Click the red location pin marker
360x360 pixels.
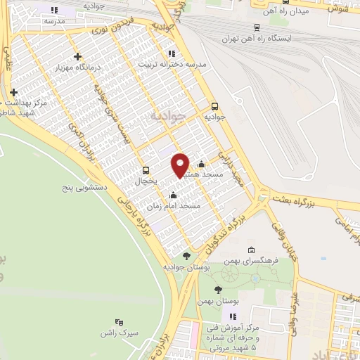pyautogui.click(x=181, y=165)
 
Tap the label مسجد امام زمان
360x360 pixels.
pyautogui.click(x=174, y=206)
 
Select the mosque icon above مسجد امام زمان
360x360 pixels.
pyautogui.click(x=174, y=194)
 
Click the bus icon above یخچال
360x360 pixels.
pyautogui.click(x=146, y=169)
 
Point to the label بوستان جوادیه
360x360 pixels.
pyautogui.click(x=184, y=268)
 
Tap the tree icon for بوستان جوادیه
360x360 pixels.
pyautogui.click(x=186, y=256)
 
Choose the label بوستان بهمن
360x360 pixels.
pyautogui.click(x=219, y=301)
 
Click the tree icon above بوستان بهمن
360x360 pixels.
pyautogui.click(x=218, y=289)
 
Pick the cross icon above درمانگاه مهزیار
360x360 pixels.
pyautogui.click(x=77, y=56)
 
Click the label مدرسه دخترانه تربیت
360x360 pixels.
pyautogui.click(x=181, y=64)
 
